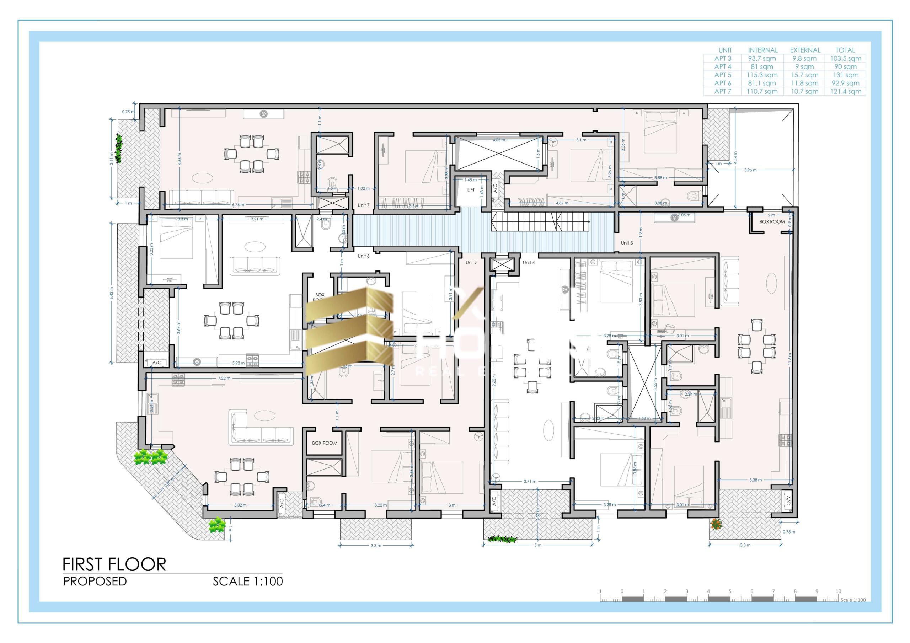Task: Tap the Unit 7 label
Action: point(363,205)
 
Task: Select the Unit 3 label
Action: point(627,243)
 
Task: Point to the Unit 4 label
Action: point(528,262)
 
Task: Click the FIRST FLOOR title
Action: point(114,564)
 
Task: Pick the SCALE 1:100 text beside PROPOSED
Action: point(248,582)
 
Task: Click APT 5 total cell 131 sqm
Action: point(845,75)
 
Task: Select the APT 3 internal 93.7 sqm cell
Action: point(761,58)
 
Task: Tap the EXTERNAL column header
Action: point(805,50)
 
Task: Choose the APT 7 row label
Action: point(723,92)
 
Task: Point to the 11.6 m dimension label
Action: point(789,359)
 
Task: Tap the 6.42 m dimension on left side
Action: point(111,293)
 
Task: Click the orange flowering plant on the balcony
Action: point(716,524)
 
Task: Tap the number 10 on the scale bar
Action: point(838,591)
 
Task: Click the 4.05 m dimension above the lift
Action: point(499,140)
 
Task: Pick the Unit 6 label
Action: point(363,256)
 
